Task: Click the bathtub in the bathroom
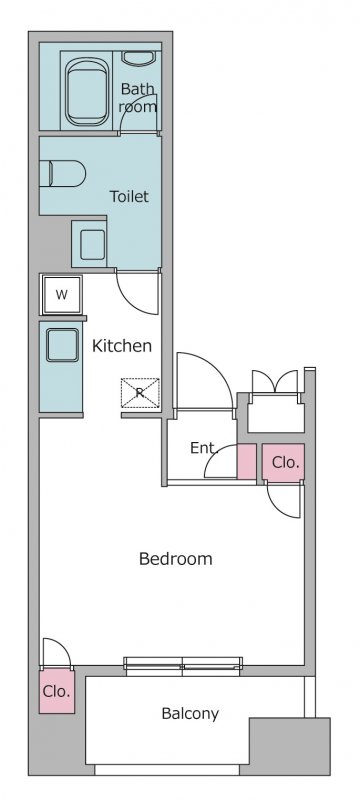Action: pos(88,91)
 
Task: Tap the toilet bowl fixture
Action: pos(66,173)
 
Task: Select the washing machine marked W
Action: pos(62,294)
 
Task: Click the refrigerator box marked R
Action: pos(140,393)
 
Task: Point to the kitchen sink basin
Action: pos(62,345)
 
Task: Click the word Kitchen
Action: pos(122,346)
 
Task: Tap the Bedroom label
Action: pos(175,558)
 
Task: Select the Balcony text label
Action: pos(190,714)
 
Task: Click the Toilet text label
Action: pos(130,196)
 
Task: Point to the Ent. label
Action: pos(204,448)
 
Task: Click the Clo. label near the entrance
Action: pos(285,463)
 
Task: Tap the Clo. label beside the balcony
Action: pos(56,692)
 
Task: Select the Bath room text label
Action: pos(138,98)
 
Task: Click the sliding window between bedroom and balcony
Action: pos(183,664)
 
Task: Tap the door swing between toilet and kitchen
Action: pos(139,291)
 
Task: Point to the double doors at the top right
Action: pos(275,382)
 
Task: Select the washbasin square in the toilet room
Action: pos(92,244)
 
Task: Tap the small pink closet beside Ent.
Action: pos(247,462)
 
